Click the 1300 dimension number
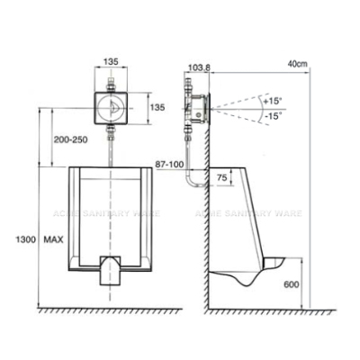click(x=26, y=239)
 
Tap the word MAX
click(x=53, y=239)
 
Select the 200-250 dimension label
click(x=70, y=139)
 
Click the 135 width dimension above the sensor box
click(x=111, y=62)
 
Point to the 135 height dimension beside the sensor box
click(x=157, y=107)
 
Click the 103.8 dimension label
click(x=199, y=68)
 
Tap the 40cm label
click(x=298, y=64)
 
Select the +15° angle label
click(x=273, y=101)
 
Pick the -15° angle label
click(x=273, y=115)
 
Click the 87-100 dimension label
click(x=169, y=164)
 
